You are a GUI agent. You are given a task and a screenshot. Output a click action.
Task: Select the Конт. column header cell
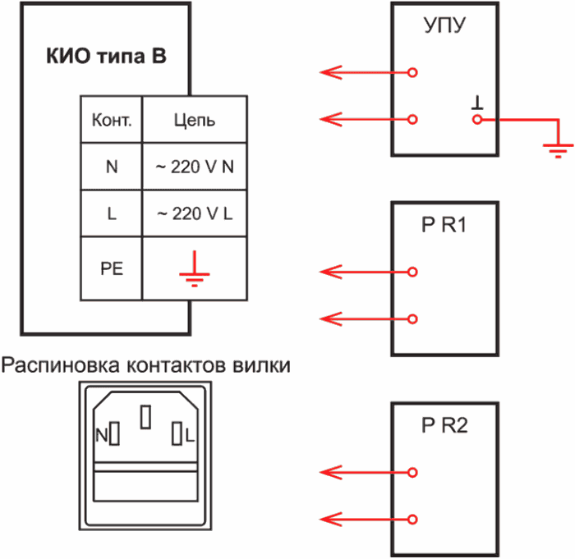[112, 121]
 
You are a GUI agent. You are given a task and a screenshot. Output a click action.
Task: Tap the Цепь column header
[194, 121]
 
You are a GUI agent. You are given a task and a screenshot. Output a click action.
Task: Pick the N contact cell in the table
[112, 167]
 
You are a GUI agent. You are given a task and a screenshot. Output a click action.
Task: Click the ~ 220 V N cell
[195, 167]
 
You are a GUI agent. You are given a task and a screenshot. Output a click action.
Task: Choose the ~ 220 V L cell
[195, 213]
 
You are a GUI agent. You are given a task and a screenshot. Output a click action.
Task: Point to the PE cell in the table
[112, 268]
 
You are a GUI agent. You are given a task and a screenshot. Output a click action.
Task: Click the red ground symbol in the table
[194, 270]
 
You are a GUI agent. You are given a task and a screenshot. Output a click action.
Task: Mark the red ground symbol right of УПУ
[559, 147]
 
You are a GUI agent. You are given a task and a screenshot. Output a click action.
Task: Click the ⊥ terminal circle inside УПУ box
[475, 120]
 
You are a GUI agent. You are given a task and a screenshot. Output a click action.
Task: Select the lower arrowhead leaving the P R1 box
[329, 318]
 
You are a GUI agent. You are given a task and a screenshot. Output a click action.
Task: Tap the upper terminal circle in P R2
[413, 472]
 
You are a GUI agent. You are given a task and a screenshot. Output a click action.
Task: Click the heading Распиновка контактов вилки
[146, 364]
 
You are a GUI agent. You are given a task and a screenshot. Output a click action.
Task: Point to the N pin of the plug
[115, 433]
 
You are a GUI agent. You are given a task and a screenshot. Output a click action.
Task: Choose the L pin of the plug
[177, 433]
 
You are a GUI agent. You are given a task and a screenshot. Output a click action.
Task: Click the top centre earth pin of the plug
[146, 417]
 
